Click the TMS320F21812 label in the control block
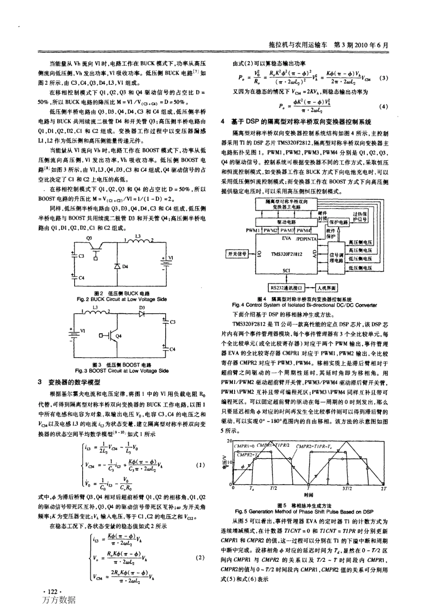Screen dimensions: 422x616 287,254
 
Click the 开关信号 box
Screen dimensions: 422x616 238,254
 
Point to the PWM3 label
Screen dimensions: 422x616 288,230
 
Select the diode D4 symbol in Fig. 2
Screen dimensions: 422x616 117,266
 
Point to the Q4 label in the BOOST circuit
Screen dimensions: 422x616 119,336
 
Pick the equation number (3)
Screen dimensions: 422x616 384,79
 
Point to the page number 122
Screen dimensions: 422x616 51,592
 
